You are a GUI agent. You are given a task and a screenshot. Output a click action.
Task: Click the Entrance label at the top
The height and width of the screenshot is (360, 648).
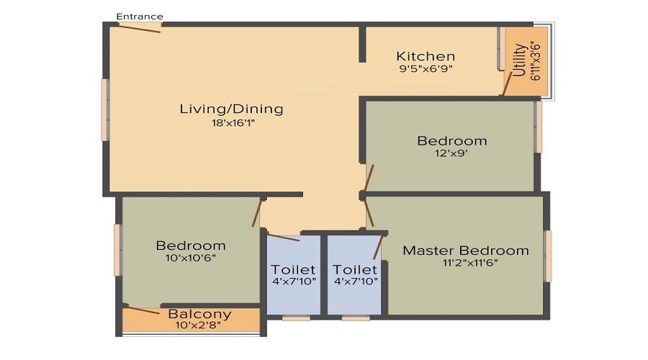point(140,17)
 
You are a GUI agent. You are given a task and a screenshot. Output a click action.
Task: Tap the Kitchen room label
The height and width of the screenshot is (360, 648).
point(426,56)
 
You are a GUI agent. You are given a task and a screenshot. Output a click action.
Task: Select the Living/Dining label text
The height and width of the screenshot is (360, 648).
point(231,109)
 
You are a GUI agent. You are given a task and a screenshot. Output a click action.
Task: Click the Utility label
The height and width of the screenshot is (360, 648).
point(519,60)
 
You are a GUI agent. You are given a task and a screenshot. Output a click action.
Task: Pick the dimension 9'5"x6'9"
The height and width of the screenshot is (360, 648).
point(426,70)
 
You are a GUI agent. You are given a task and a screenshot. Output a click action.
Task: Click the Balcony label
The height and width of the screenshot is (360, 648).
point(199,314)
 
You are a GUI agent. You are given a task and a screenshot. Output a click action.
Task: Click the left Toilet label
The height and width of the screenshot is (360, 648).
point(293,269)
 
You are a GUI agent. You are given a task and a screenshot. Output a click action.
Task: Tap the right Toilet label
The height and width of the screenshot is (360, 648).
point(355,269)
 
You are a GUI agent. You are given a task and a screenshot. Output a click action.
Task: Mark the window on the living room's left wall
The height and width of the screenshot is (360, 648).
point(105,109)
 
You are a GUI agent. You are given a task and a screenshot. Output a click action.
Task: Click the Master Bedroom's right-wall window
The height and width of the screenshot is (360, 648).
point(547,256)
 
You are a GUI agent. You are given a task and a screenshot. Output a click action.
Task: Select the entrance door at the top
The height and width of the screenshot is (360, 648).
point(140,27)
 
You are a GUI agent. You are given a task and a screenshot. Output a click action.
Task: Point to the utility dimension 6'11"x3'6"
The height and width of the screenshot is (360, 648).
point(535,60)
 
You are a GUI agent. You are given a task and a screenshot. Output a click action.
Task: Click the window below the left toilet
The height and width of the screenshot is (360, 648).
point(295,317)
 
